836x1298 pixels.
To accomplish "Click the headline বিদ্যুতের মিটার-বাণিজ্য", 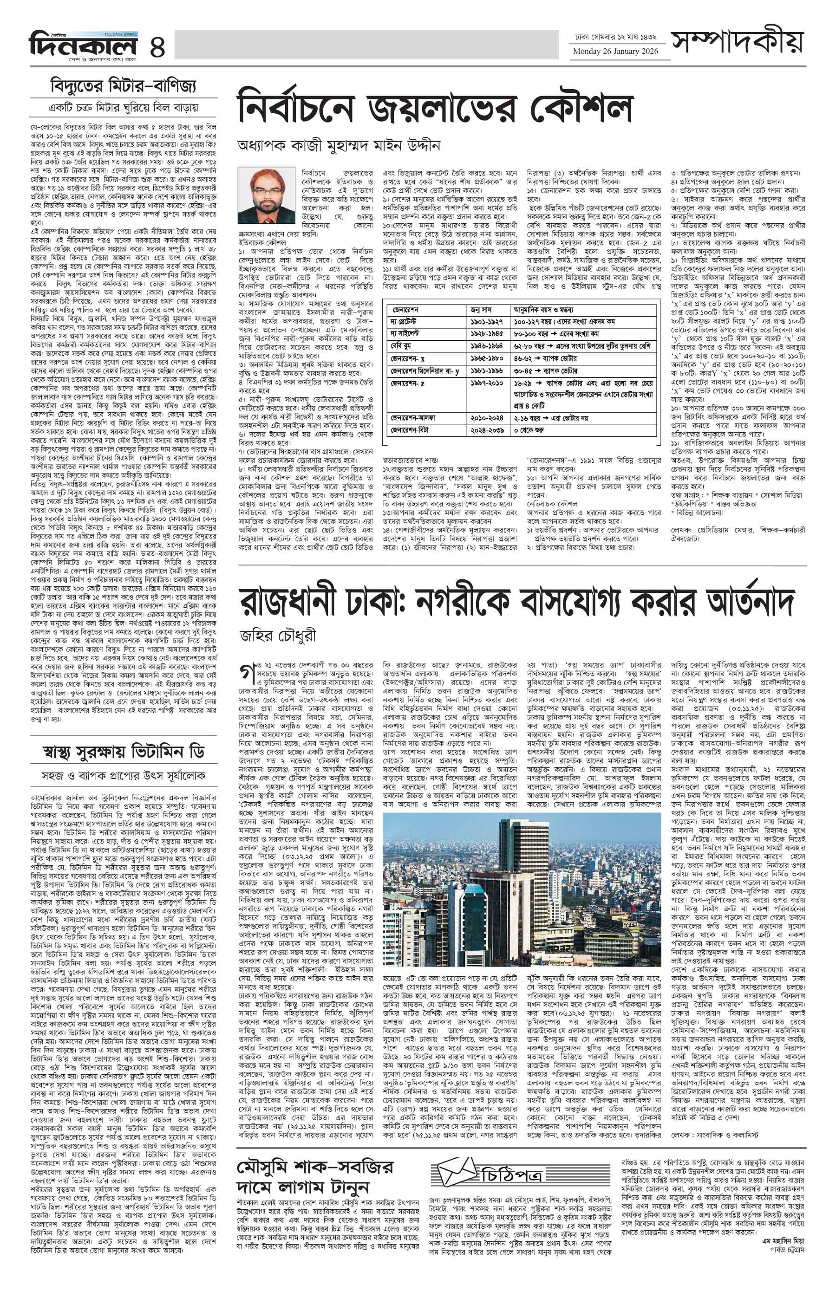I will [x=123, y=86].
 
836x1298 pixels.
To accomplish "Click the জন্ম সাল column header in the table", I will [x=482, y=310].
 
